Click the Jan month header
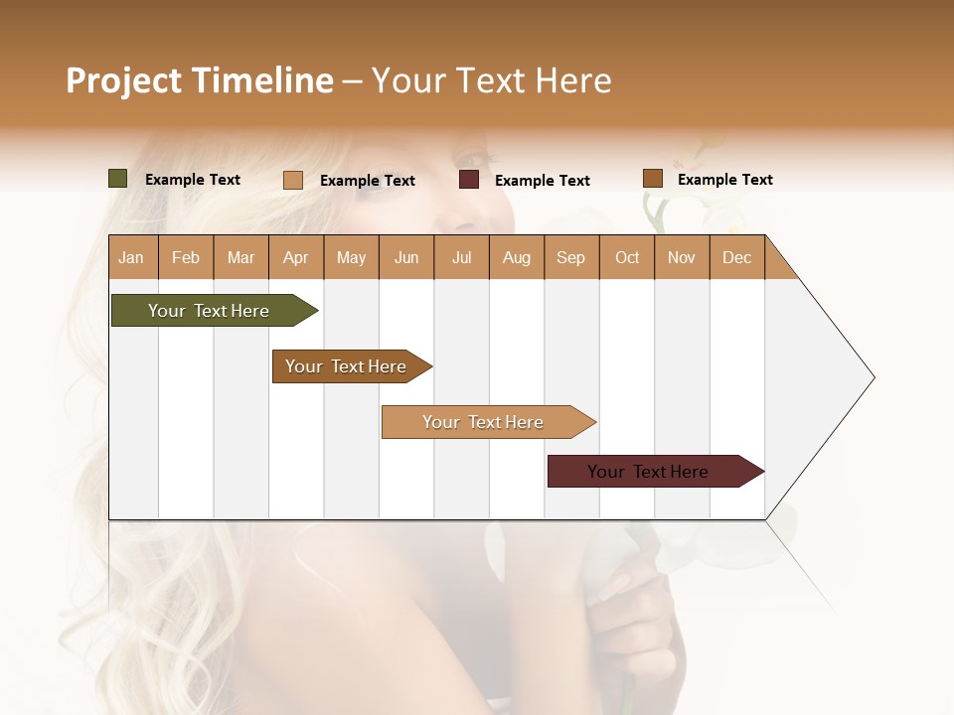(131, 257)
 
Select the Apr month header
(295, 257)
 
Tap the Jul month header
(461, 257)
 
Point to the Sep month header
(570, 257)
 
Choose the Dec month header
(736, 257)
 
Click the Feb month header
(186, 257)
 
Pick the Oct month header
(627, 257)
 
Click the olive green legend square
(118, 179)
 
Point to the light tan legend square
(293, 180)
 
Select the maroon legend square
(469, 180)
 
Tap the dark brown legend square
(653, 179)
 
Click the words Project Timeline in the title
(199, 80)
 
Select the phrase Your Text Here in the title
(491, 80)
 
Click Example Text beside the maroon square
(542, 181)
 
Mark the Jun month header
(406, 257)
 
